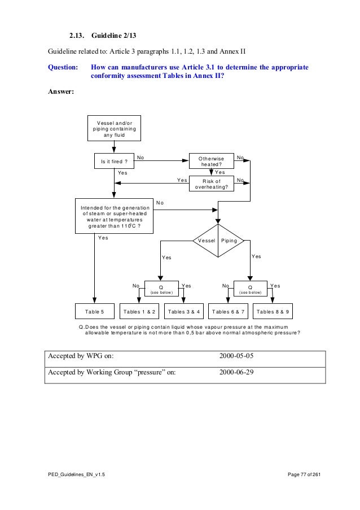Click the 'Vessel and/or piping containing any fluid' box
coord(115,128)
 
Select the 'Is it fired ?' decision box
coord(114,162)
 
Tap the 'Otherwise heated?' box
coord(211,162)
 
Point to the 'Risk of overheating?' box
coord(211,184)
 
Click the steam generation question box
coord(115,216)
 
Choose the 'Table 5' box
coord(95,312)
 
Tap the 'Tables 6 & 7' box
coord(229,312)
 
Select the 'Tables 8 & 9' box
coord(274,312)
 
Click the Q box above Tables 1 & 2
coord(161,288)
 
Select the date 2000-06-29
coord(238,373)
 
